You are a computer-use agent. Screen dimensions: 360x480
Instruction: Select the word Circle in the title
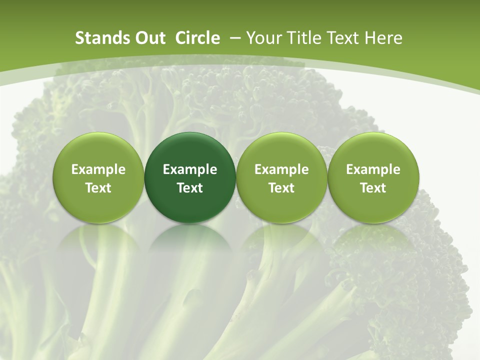click(x=197, y=38)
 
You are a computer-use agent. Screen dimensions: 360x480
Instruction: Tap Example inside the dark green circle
click(x=190, y=169)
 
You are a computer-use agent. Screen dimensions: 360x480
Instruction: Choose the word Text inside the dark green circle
click(x=190, y=188)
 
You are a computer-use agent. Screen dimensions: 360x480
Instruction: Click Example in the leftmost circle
click(x=98, y=169)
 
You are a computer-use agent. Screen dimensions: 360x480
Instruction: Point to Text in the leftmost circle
click(x=98, y=188)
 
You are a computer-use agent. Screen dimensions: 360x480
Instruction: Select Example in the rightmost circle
click(x=373, y=169)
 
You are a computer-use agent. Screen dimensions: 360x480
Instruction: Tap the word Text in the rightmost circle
click(x=373, y=188)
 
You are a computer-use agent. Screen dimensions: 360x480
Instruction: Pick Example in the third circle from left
click(x=281, y=169)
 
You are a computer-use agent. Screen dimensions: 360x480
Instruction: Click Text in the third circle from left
click(x=281, y=188)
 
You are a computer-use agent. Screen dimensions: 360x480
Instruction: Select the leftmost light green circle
click(x=98, y=150)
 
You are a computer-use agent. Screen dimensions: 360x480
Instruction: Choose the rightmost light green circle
click(x=373, y=150)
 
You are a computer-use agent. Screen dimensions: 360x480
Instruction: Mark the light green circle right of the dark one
click(x=281, y=150)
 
